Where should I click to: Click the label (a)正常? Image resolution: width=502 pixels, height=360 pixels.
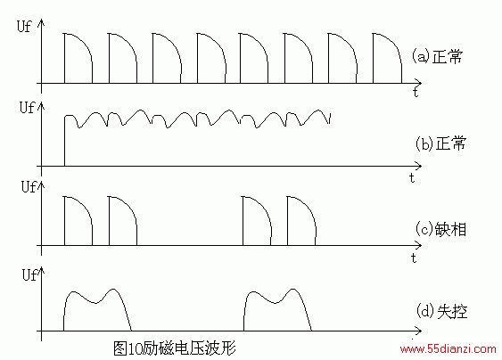[x=437, y=57]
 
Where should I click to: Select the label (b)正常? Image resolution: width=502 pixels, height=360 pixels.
[x=440, y=143]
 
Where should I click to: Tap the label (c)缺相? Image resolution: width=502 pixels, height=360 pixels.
[x=440, y=229]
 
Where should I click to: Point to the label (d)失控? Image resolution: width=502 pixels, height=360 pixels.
[x=441, y=310]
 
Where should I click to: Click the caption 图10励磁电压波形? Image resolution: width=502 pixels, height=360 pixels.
[x=175, y=348]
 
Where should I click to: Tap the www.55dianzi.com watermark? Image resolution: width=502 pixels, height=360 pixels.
[x=448, y=348]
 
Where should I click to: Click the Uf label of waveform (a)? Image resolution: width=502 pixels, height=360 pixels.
[x=24, y=26]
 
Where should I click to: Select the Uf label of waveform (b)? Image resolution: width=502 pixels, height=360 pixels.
[x=27, y=107]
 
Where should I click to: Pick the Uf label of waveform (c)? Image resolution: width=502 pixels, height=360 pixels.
[x=29, y=186]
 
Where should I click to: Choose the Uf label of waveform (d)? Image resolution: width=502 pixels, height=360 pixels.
[x=29, y=274]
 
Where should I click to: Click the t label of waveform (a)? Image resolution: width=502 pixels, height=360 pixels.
[x=416, y=92]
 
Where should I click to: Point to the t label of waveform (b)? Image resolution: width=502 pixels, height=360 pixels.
[x=412, y=177]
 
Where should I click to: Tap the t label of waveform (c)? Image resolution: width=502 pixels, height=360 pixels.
[x=414, y=258]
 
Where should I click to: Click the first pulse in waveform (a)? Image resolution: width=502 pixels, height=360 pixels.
[x=65, y=58]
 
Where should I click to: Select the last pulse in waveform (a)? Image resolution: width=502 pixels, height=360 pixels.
[x=374, y=58]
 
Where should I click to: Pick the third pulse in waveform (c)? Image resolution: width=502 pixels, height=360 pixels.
[x=243, y=221]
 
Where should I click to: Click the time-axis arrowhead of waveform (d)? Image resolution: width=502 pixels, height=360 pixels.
[x=418, y=331]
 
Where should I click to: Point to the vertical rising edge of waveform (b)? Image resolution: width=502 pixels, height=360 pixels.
[x=65, y=141]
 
